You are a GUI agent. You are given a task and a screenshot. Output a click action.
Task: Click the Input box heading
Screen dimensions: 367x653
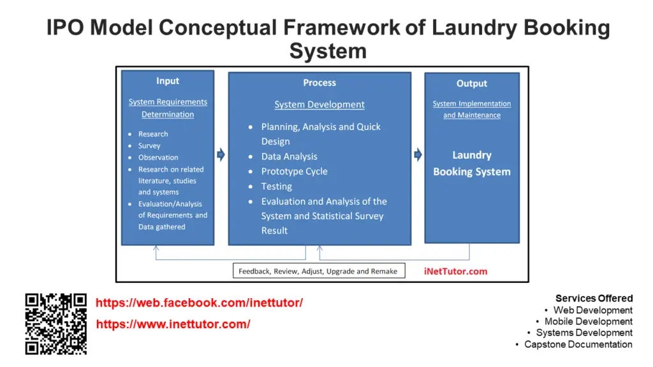tap(168, 81)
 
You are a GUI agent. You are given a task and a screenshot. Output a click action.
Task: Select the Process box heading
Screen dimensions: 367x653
tap(319, 83)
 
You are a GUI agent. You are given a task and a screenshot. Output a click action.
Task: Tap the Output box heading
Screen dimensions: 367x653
tap(471, 83)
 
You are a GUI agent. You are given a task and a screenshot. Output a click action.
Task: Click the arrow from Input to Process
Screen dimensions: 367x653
tap(221, 155)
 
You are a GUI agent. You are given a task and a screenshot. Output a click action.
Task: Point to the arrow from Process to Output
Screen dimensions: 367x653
tap(418, 155)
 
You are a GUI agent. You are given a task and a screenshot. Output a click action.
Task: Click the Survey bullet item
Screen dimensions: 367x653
tap(149, 146)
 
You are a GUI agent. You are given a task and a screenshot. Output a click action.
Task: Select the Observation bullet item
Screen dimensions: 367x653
tap(158, 157)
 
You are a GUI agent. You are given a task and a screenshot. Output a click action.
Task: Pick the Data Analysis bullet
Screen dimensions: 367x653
tap(289, 156)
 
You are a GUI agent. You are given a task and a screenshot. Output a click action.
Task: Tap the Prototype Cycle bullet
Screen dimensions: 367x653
tap(294, 171)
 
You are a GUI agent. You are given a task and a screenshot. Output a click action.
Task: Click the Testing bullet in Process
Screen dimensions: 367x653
tap(276, 186)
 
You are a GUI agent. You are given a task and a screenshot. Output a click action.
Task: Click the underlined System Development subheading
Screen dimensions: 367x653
tap(319, 104)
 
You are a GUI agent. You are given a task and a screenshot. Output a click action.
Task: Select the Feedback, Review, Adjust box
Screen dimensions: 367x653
tap(318, 271)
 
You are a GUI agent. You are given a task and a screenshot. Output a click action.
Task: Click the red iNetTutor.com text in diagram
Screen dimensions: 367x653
tap(455, 271)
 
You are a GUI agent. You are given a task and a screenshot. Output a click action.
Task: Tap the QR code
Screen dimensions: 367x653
tap(55, 324)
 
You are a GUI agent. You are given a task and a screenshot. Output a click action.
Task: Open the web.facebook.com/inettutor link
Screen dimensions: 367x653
tap(199, 303)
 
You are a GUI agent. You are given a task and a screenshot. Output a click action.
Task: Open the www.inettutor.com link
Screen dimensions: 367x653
tap(173, 324)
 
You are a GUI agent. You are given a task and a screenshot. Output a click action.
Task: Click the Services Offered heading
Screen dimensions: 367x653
tap(594, 298)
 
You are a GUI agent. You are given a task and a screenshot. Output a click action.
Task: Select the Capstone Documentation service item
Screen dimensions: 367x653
tap(578, 344)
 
